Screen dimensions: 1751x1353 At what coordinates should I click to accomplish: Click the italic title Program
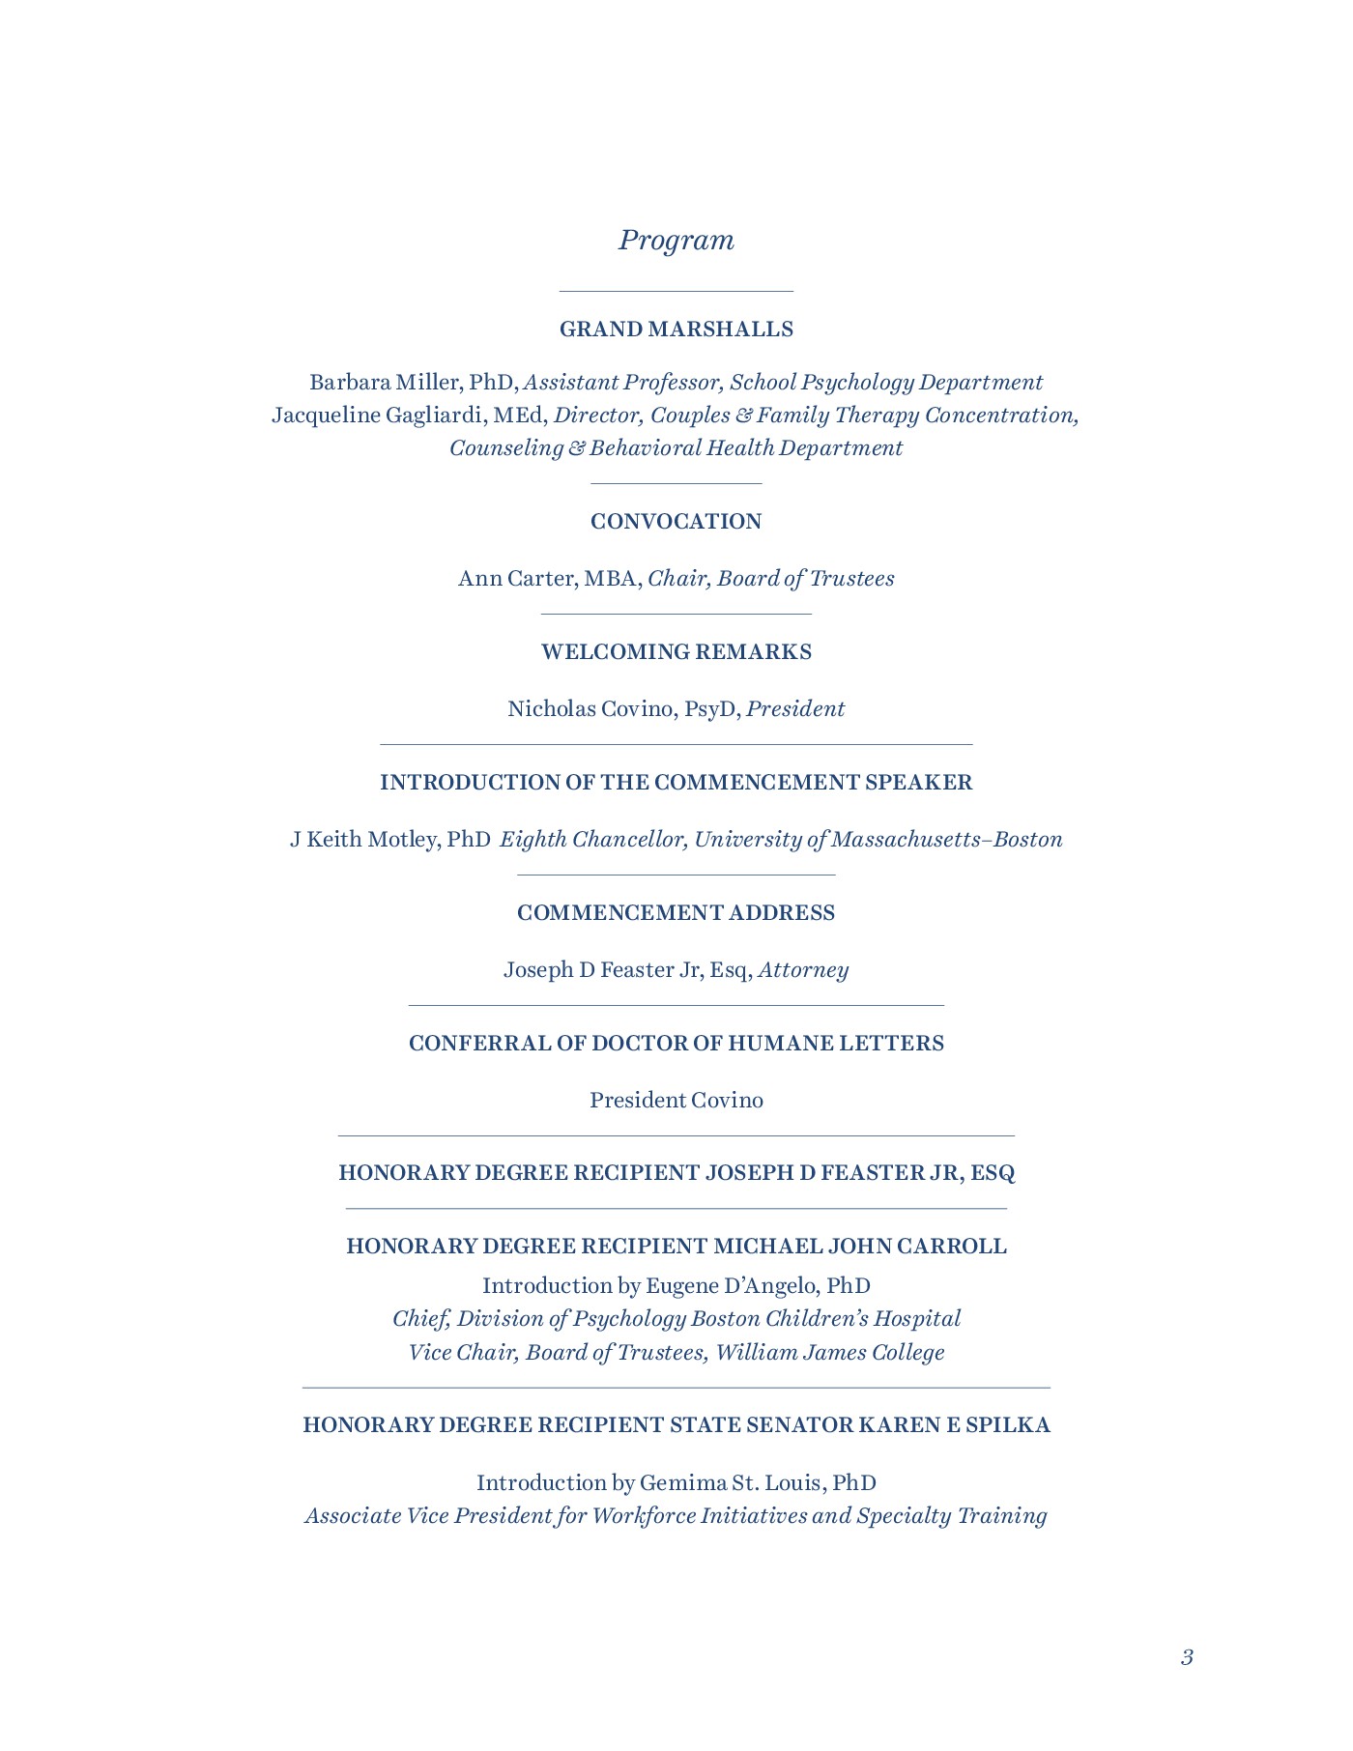[x=676, y=240]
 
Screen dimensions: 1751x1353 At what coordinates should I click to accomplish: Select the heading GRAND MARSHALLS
[x=676, y=330]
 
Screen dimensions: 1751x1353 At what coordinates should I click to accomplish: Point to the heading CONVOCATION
[x=676, y=522]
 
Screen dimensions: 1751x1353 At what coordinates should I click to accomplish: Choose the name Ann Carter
[x=515, y=579]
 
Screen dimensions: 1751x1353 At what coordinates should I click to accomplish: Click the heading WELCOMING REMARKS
[x=676, y=652]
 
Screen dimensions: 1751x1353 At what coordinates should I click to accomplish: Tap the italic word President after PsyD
[x=795, y=709]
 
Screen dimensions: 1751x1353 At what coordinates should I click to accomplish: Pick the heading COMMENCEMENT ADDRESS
[x=676, y=913]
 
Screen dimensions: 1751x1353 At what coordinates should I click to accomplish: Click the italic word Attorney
[x=803, y=970]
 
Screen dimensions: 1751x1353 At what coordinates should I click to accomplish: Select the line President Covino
[x=676, y=1101]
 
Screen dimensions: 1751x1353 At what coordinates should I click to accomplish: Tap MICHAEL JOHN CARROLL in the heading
[x=859, y=1247]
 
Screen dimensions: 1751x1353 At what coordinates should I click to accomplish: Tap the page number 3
[x=1187, y=1658]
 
